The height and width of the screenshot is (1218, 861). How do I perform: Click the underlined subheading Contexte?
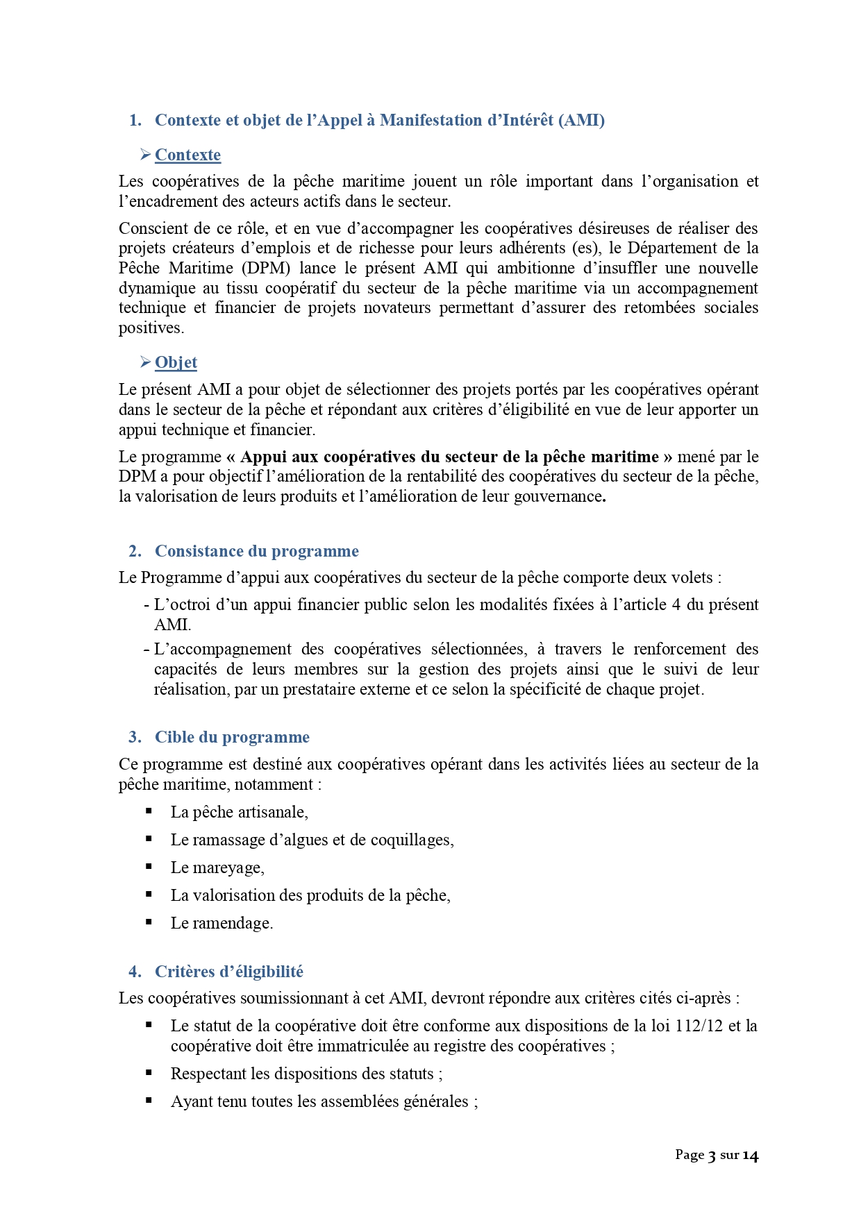click(x=187, y=155)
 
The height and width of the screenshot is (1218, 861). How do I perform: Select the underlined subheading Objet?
click(x=176, y=362)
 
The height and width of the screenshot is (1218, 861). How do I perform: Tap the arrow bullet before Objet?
click(x=145, y=362)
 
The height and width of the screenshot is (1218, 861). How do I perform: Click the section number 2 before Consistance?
click(x=135, y=551)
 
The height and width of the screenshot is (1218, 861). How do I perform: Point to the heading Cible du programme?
click(x=232, y=737)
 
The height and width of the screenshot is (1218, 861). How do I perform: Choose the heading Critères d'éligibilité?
click(x=228, y=972)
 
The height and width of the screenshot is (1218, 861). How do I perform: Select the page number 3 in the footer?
click(x=712, y=1156)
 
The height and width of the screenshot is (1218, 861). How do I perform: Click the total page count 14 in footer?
click(x=750, y=1156)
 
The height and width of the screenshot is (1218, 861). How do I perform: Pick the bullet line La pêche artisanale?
click(x=239, y=812)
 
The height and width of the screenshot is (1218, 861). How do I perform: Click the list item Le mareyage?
click(x=217, y=868)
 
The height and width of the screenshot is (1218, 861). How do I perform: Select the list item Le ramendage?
click(x=221, y=923)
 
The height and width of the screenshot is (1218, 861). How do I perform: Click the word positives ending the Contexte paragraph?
click(x=150, y=328)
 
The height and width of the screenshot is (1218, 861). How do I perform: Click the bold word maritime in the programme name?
click(x=624, y=457)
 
